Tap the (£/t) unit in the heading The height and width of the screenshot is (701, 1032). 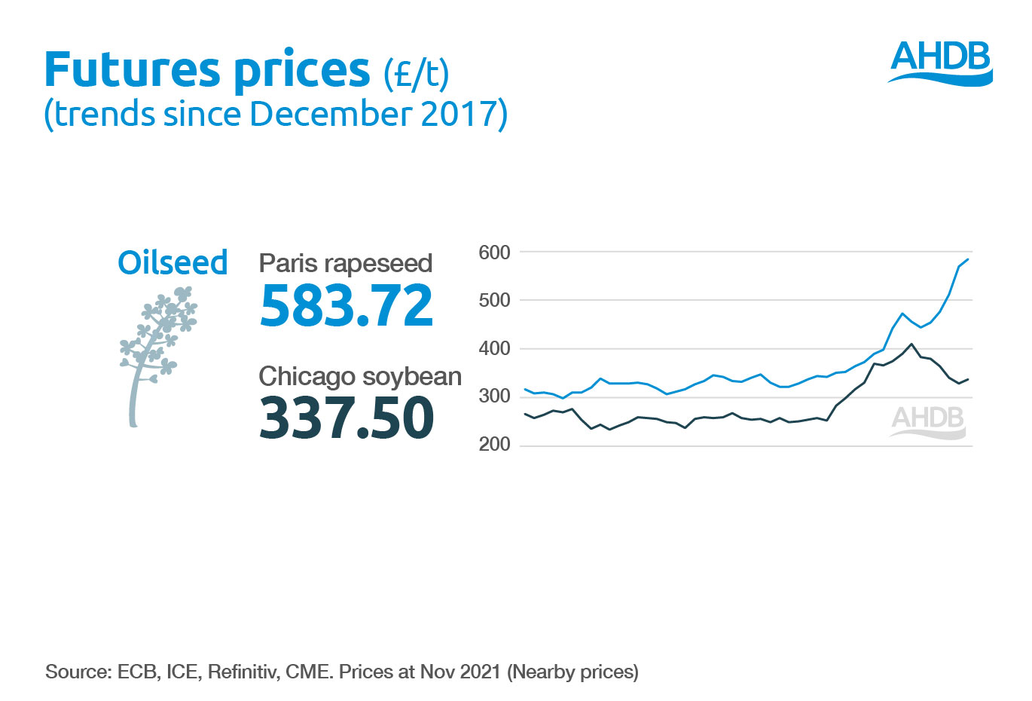416,73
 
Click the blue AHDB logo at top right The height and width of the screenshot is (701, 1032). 940,62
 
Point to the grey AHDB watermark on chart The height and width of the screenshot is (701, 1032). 928,421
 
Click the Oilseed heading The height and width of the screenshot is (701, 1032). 173,262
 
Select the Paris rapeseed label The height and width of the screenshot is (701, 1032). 345,263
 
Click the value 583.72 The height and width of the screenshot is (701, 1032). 346,305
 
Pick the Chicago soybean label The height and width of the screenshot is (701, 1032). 359,376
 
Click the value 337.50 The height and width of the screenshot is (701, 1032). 346,418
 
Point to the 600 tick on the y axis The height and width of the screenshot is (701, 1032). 494,253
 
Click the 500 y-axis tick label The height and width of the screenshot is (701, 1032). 494,300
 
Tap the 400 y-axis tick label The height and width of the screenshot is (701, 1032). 494,348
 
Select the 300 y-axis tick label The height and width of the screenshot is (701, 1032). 494,396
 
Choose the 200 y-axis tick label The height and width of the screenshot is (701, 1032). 494,445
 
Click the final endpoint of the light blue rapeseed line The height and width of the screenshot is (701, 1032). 968,259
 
